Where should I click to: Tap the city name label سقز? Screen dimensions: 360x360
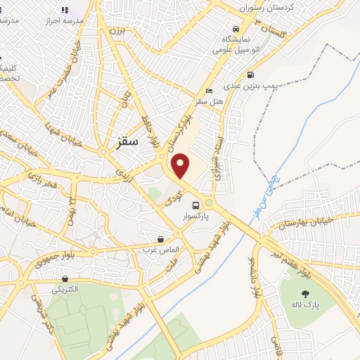pyautogui.click(x=126, y=141)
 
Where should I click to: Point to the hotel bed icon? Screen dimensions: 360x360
pyautogui.click(x=208, y=91)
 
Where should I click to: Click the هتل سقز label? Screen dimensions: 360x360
pyautogui.click(x=209, y=102)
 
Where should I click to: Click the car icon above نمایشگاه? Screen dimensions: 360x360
pyautogui.click(x=236, y=30)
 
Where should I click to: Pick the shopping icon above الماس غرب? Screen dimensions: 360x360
pyautogui.click(x=161, y=239)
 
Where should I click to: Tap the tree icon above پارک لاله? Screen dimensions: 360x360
pyautogui.click(x=304, y=295)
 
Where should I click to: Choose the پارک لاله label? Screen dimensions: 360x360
pyautogui.click(x=307, y=306)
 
